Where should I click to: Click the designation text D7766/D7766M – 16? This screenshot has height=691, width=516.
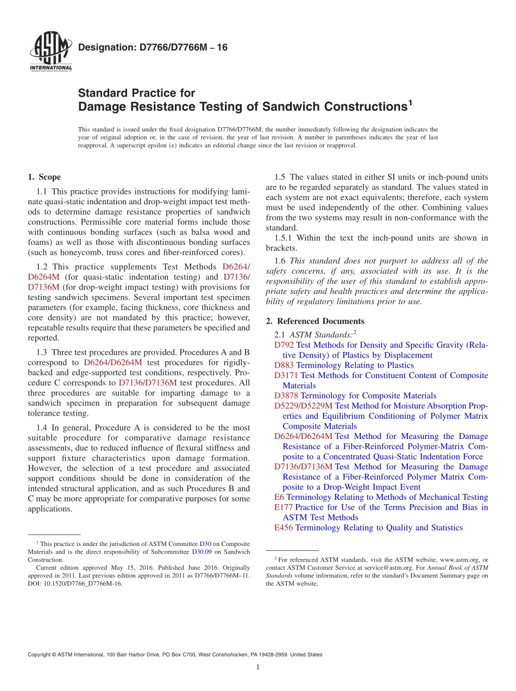pyautogui.click(x=153, y=48)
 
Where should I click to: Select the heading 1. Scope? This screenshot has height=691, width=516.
pyautogui.click(x=44, y=177)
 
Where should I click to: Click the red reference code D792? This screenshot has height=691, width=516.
pyautogui.click(x=284, y=345)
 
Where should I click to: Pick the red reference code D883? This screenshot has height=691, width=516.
pyautogui.click(x=284, y=365)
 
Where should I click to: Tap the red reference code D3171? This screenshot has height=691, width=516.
pyautogui.click(x=286, y=375)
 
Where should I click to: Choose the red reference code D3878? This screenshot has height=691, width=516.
pyautogui.click(x=286, y=395)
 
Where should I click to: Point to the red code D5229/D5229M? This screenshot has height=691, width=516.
pyautogui.click(x=303, y=406)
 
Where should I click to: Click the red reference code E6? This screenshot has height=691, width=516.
pyautogui.click(x=279, y=497)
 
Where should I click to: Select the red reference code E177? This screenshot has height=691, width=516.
pyautogui.click(x=284, y=507)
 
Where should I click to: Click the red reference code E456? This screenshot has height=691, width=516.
pyautogui.click(x=284, y=527)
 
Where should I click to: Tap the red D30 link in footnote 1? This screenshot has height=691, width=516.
pyautogui.click(x=205, y=544)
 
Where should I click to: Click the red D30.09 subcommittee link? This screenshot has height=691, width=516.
pyautogui.click(x=201, y=551)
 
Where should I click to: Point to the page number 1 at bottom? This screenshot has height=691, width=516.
pyautogui.click(x=258, y=667)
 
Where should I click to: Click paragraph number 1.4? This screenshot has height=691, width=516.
pyautogui.click(x=42, y=428)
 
